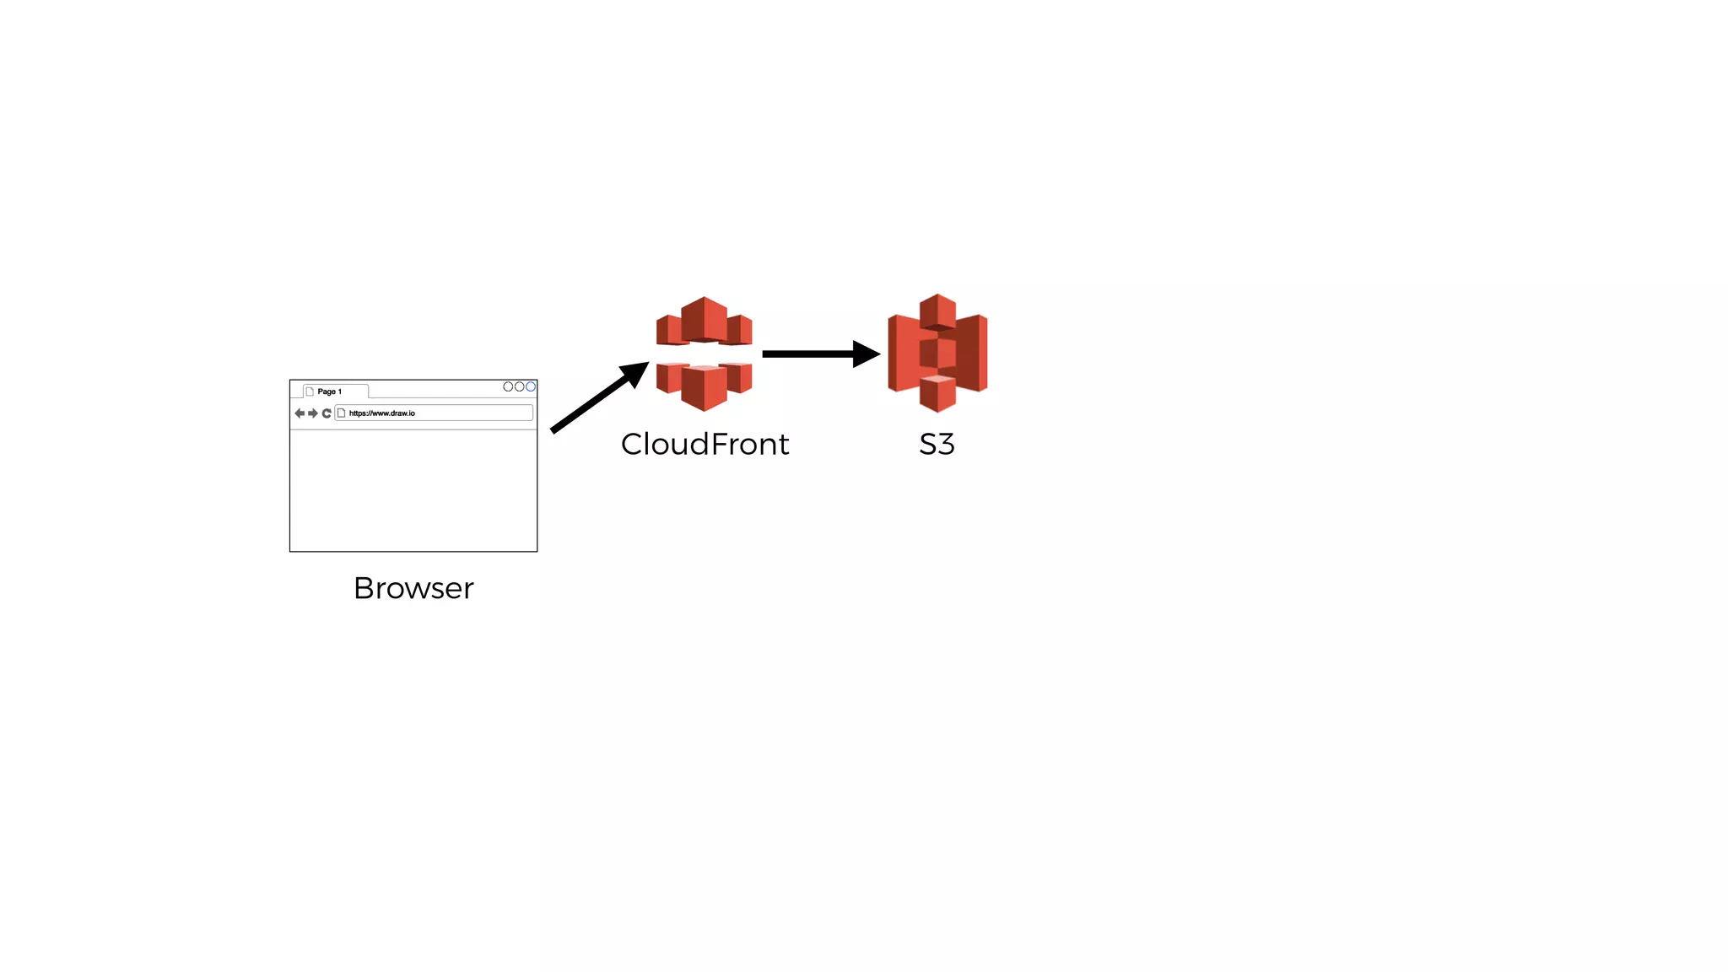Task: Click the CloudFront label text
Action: point(705,444)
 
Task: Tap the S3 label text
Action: point(937,444)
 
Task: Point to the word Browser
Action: point(413,588)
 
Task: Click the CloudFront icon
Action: point(704,354)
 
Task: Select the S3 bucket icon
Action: point(937,353)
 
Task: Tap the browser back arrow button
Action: point(300,413)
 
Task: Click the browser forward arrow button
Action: point(313,413)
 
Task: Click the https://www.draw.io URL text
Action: point(382,413)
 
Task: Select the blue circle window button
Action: point(531,386)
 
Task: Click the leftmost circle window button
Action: point(508,386)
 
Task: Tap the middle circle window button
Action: point(520,386)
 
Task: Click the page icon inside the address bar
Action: point(342,413)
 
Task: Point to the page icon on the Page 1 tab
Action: point(310,391)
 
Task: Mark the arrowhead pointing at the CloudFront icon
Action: point(636,372)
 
